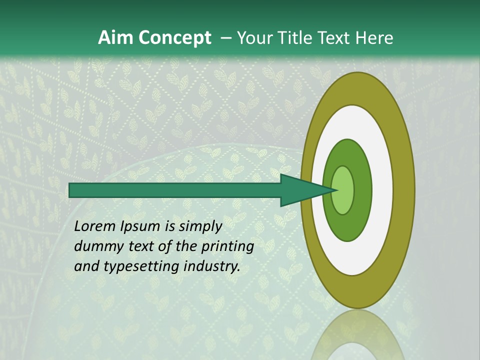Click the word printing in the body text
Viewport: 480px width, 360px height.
click(227, 247)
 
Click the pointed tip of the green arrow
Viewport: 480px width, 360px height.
click(336, 190)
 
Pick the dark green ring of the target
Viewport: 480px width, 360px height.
click(363, 190)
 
